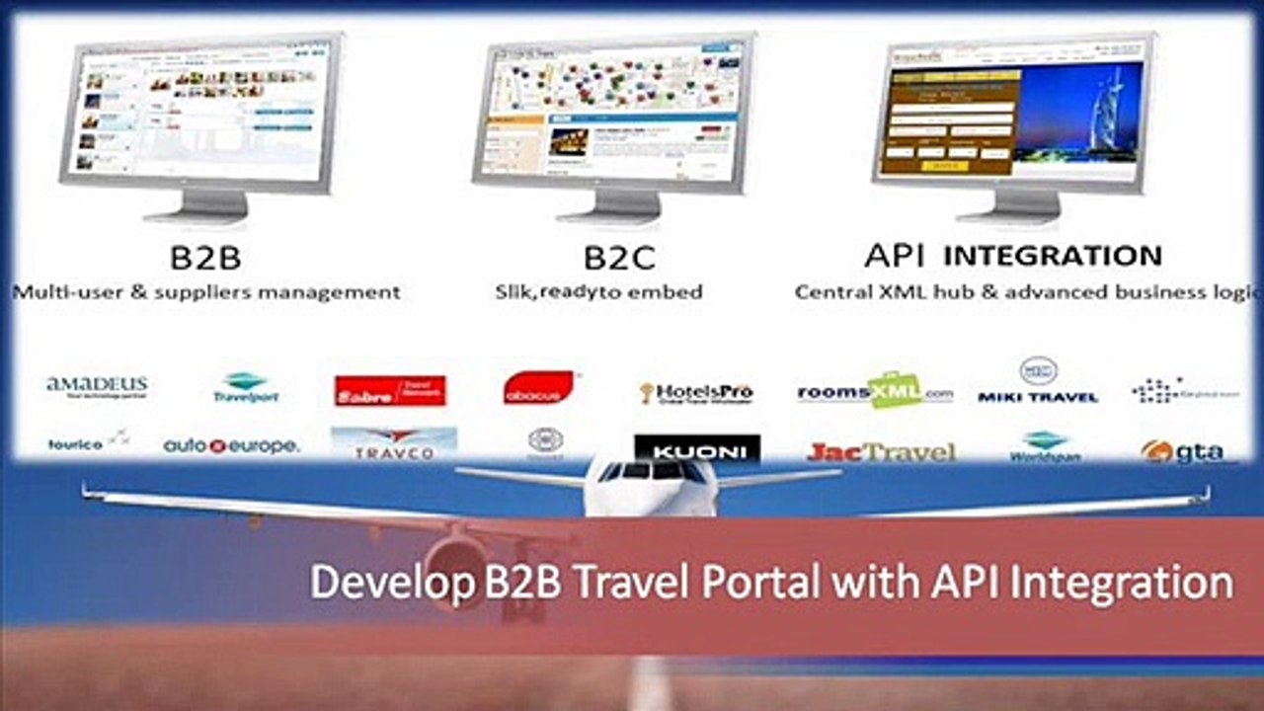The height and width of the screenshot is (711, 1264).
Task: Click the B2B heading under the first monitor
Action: coord(205,258)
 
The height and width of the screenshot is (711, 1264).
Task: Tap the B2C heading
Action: coord(619,258)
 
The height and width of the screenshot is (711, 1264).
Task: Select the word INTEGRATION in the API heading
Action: coord(1053,257)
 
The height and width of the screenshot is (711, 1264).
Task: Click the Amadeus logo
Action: coord(97,386)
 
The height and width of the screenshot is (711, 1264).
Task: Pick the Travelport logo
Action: coord(246,388)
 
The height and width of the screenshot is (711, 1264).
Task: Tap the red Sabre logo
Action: coord(390,391)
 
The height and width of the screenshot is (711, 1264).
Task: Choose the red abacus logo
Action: coord(538,387)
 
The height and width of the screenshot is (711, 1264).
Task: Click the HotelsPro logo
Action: coord(696,392)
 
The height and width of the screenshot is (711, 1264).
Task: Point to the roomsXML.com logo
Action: coord(875,392)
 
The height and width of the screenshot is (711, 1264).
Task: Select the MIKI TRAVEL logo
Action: coord(1038,381)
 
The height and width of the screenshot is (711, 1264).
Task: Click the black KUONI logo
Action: coord(697,450)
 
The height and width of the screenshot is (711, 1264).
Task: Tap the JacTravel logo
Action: coord(882,452)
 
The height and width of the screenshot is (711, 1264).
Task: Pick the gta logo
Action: coord(1189,451)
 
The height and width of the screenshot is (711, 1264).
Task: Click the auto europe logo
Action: coord(231,446)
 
